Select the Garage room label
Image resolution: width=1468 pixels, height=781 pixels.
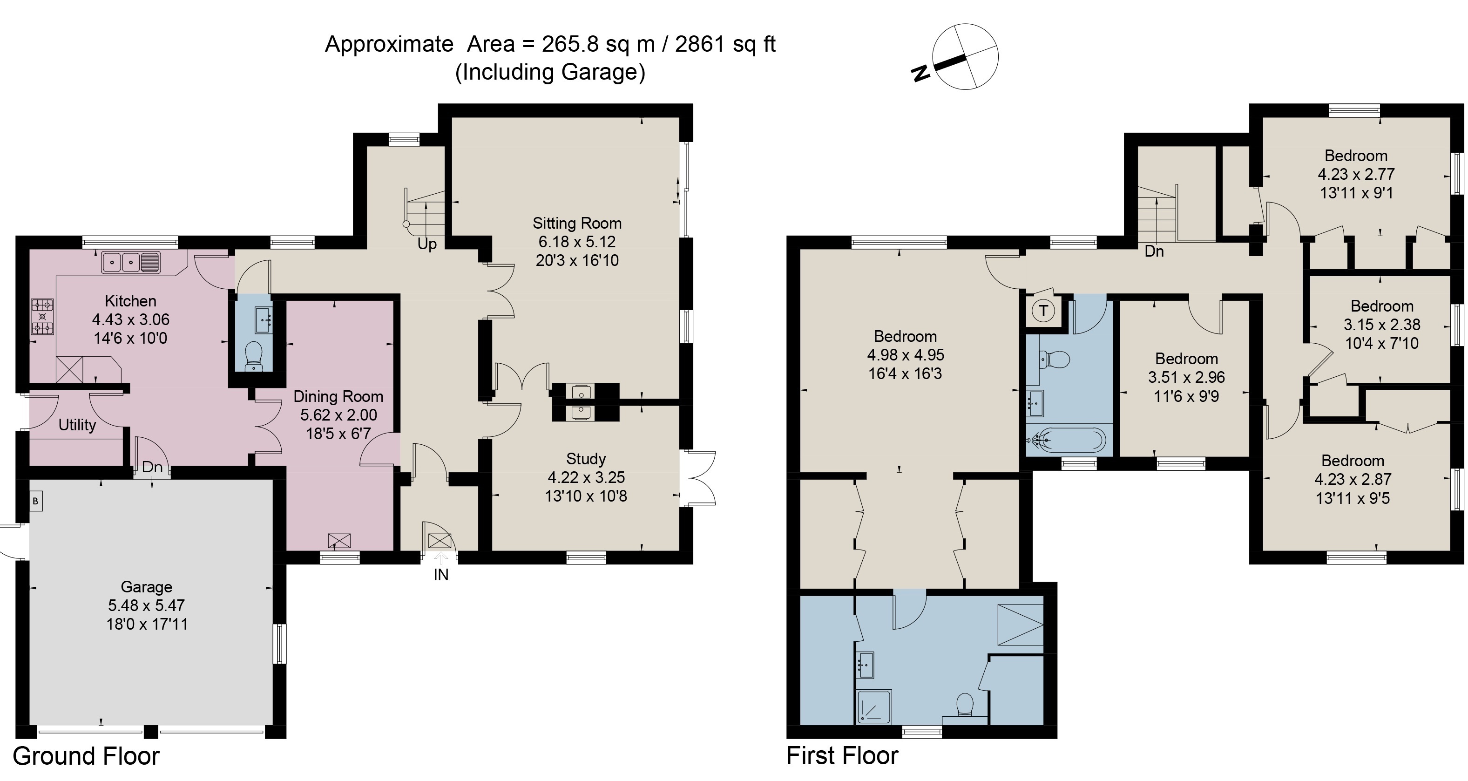tap(147, 587)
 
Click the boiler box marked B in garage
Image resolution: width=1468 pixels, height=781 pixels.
tap(35, 501)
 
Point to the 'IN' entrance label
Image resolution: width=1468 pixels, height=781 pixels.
tap(440, 575)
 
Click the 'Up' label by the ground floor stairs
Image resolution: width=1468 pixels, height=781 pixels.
tap(427, 244)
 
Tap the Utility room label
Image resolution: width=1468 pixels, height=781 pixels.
tap(77, 425)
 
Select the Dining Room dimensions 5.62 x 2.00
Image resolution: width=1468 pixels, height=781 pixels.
tap(338, 415)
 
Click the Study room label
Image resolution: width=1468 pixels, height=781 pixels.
tap(586, 459)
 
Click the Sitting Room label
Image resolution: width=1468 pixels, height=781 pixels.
tap(577, 223)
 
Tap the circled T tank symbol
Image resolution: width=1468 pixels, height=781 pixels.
tap(1043, 311)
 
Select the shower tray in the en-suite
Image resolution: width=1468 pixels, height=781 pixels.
tap(873, 707)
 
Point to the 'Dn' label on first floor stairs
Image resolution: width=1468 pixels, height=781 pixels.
tap(1154, 251)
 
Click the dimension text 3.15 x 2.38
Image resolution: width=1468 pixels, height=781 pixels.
tap(1381, 325)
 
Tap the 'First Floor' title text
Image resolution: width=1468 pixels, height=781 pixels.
tap(842, 756)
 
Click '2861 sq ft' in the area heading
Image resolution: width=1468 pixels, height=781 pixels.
tap(725, 44)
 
